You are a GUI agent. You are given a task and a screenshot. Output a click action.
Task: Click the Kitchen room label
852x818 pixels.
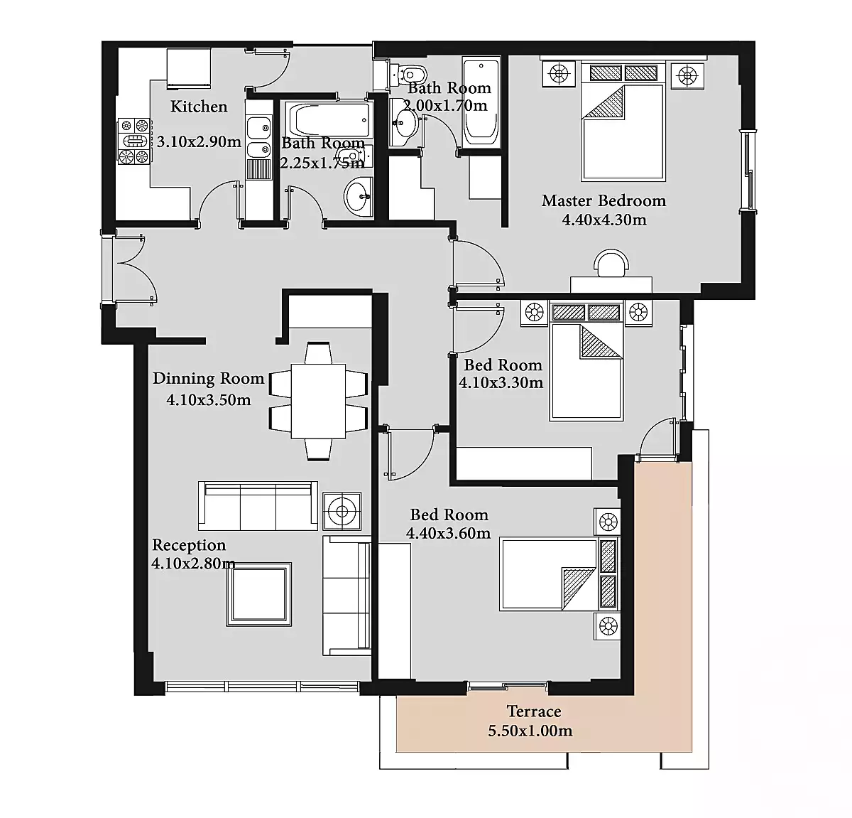click(x=199, y=107)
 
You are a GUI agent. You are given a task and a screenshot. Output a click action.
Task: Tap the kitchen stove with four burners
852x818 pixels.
click(x=134, y=141)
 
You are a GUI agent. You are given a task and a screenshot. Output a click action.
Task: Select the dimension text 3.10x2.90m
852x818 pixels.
click(x=199, y=141)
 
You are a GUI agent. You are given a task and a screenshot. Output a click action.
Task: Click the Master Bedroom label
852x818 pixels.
click(x=603, y=200)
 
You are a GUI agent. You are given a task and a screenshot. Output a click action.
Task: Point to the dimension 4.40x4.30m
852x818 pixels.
click(x=604, y=220)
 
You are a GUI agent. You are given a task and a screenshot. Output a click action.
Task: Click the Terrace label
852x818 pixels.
click(x=534, y=711)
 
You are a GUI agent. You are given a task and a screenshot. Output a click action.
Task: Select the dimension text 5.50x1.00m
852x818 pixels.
click(x=530, y=731)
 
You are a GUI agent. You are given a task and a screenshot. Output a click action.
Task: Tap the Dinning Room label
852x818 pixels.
click(x=209, y=379)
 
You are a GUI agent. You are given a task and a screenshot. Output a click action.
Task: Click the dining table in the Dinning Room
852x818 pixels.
click(x=318, y=401)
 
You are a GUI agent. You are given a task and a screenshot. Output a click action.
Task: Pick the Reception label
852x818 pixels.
click(x=189, y=544)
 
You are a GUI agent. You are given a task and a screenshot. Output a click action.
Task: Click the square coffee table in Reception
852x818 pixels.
click(x=258, y=594)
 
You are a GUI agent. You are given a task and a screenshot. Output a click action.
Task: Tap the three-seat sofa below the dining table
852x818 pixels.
click(x=258, y=505)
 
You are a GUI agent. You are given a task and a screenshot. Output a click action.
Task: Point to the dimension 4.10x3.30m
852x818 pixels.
click(x=501, y=382)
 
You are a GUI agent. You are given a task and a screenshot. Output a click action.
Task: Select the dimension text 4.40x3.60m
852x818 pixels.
click(x=448, y=533)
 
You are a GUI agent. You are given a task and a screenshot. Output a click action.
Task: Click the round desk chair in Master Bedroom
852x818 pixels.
click(x=611, y=263)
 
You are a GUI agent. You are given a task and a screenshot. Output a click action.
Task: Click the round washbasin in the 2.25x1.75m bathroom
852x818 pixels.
click(x=359, y=197)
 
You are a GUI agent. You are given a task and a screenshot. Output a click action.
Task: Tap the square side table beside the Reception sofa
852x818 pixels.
click(x=342, y=511)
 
